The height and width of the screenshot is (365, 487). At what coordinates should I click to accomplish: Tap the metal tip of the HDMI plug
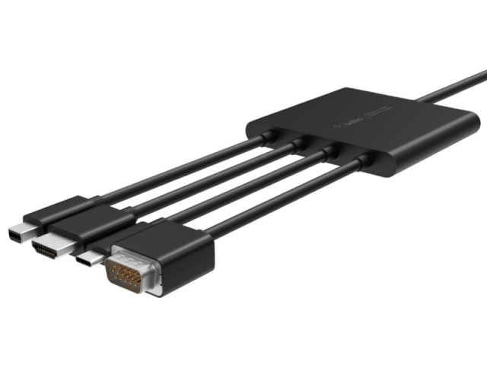pos(42,247)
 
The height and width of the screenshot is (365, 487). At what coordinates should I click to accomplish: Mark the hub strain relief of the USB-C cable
pos(329,151)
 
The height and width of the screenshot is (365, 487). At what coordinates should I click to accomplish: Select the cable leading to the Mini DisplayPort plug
pos(175,167)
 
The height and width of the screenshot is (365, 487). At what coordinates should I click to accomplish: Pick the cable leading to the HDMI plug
pos(205,176)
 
